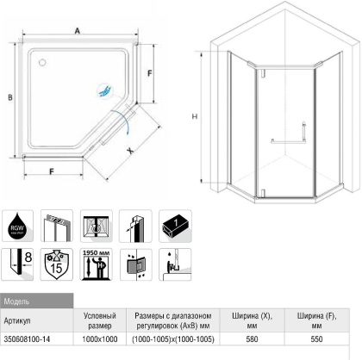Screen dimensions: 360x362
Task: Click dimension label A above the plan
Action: pos(77,30)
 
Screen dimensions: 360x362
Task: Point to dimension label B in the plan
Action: pos(10,99)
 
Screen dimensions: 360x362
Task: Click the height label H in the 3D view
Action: pos(197,116)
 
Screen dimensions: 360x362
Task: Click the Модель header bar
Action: pos(34,302)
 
